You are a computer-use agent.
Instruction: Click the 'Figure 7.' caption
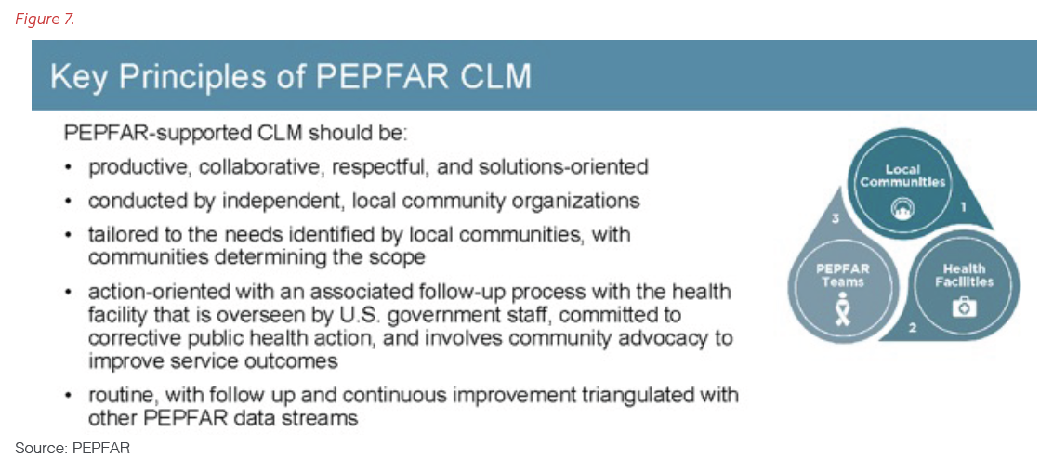click(x=44, y=19)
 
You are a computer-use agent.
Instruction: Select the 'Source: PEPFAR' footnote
click(x=72, y=449)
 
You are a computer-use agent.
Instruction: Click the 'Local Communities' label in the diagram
click(x=902, y=176)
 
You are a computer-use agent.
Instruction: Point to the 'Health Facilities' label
click(x=964, y=276)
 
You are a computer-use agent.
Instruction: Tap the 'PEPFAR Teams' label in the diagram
click(x=841, y=276)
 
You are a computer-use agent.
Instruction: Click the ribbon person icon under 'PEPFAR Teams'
click(x=841, y=306)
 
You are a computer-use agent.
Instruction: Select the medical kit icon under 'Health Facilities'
click(x=964, y=306)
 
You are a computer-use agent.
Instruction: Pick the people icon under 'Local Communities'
click(x=902, y=210)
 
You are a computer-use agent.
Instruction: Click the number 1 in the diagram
click(x=964, y=207)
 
